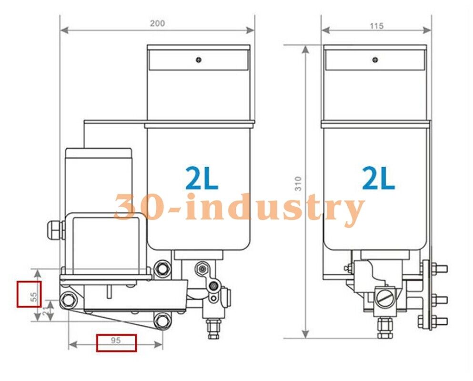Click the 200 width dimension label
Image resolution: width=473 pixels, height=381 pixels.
(157, 23)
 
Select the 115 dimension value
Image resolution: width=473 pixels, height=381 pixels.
(376, 26)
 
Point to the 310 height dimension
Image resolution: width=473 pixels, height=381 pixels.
(298, 183)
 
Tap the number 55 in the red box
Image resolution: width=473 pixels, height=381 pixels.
(33, 296)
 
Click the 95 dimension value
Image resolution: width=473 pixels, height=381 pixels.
(116, 341)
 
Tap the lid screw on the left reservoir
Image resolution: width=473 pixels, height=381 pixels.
(199, 60)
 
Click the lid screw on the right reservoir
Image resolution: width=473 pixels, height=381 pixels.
(375, 60)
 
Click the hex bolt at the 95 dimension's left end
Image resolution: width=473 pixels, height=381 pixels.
(68, 300)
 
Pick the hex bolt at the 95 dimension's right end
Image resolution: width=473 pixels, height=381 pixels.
(162, 321)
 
